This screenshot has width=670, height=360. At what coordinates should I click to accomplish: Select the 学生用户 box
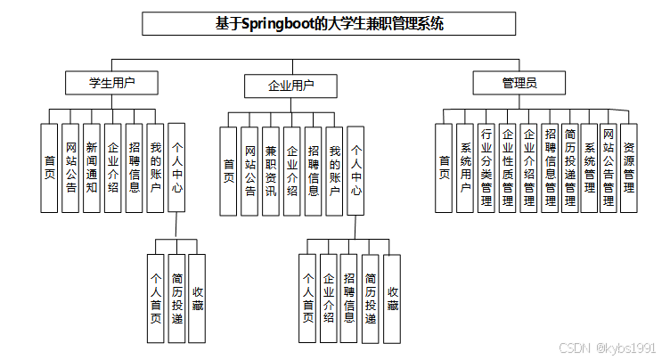[111, 83]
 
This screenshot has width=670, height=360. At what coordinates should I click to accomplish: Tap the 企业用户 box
[290, 86]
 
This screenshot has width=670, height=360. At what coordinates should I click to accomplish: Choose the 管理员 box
[519, 83]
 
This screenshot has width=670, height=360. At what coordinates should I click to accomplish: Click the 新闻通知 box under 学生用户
[92, 168]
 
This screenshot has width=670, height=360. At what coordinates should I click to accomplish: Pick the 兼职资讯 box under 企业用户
[271, 170]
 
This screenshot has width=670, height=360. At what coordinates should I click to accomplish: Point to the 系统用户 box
[465, 168]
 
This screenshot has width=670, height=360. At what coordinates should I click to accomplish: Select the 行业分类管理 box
[486, 168]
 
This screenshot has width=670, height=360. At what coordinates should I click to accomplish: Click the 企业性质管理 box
[507, 168]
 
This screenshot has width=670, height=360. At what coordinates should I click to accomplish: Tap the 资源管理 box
[629, 168]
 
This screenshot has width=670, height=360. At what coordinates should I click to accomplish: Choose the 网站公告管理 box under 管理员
[609, 168]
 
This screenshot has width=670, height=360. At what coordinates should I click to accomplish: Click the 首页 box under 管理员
[444, 168]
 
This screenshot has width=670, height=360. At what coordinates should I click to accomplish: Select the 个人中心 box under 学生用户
[176, 168]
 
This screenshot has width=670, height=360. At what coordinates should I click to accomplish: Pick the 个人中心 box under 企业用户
[356, 170]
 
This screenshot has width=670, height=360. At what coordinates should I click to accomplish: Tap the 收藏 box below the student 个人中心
[198, 299]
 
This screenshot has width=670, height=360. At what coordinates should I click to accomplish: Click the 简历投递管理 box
[568, 168]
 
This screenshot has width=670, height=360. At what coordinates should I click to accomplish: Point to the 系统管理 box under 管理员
[589, 168]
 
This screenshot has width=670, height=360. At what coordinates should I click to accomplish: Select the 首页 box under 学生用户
[50, 168]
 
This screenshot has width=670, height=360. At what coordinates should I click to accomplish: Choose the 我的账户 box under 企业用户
[335, 170]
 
